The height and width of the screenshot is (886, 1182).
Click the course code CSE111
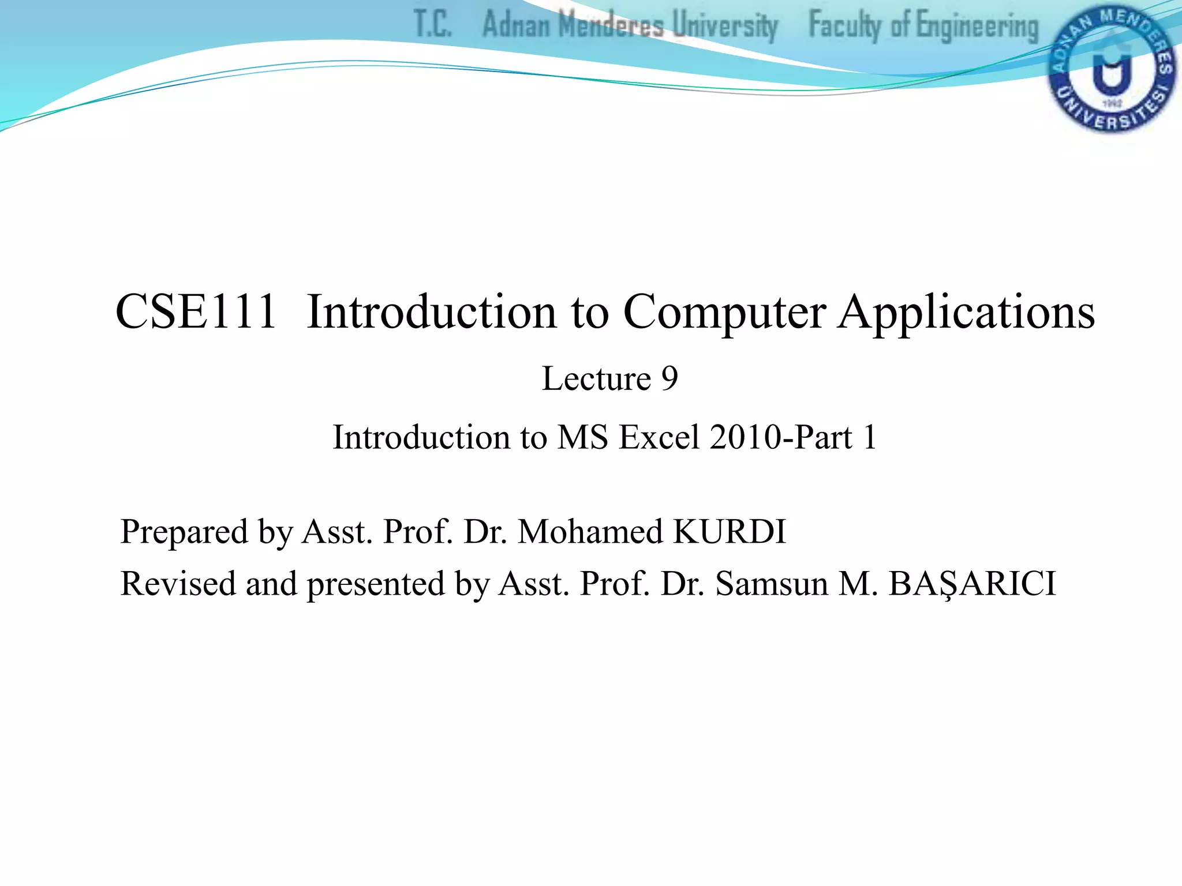[x=196, y=312]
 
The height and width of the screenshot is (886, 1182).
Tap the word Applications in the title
[x=966, y=312]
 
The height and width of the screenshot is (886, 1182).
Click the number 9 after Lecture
[x=669, y=379]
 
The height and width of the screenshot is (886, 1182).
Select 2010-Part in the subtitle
[x=781, y=437]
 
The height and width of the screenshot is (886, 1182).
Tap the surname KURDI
[x=730, y=531]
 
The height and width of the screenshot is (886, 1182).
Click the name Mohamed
[x=590, y=531]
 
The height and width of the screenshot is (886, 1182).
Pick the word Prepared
[x=184, y=531]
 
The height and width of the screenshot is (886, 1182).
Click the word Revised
[x=178, y=583]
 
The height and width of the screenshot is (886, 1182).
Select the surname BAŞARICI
[x=972, y=583]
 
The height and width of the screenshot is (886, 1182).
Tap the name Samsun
[x=772, y=583]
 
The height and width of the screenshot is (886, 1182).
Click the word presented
[x=376, y=583]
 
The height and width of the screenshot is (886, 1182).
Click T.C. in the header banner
[x=433, y=24]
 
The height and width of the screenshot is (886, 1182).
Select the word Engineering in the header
[x=977, y=27]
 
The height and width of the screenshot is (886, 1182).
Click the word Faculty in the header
[x=845, y=25]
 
